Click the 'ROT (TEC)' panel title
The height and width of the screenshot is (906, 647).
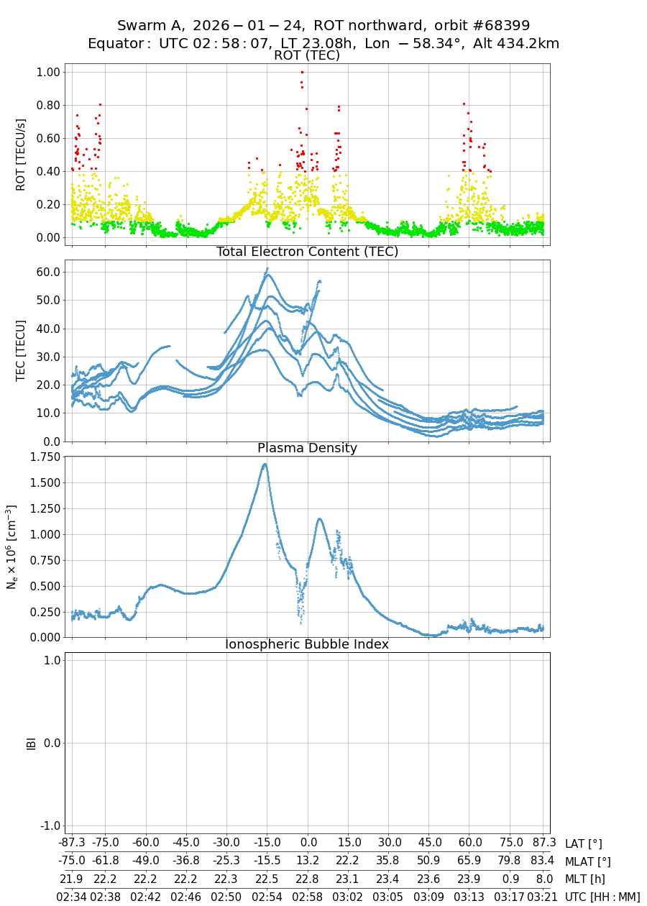[307, 55]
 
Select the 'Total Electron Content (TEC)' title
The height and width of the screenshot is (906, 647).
[307, 252]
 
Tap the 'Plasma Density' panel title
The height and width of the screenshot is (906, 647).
[307, 448]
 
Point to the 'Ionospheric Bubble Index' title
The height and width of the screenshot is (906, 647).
[307, 644]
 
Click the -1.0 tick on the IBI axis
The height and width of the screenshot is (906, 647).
[47, 825]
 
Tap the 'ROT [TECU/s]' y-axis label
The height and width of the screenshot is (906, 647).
[20, 154]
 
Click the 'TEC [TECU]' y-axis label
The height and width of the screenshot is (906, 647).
[20, 350]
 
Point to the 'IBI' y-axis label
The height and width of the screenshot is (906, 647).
[31, 743]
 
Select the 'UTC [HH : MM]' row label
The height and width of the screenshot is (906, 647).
[602, 897]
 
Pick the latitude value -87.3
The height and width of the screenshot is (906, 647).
[72, 843]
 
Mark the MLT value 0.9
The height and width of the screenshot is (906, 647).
[510, 879]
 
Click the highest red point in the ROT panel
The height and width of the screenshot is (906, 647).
[302, 72]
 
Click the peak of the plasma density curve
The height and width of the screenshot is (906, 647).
[265, 464]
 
